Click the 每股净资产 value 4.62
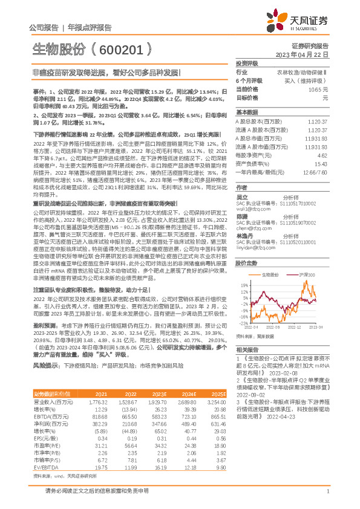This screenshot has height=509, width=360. click(322, 155)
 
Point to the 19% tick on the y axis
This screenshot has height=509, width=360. click(244, 267)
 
